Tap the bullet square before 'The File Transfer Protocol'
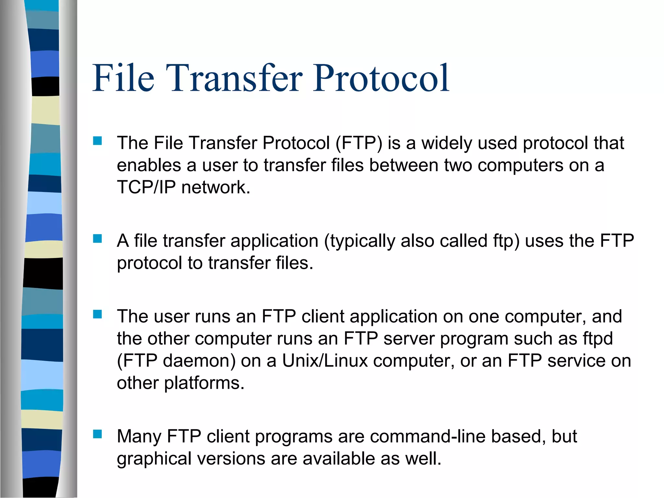pos(97,141)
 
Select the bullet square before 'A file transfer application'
pos(97,239)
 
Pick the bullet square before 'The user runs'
pos(97,314)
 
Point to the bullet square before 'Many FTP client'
pos(97,434)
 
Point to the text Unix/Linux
pos(325,361)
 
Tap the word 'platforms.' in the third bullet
pos(204,383)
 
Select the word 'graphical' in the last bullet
pos(154,459)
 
